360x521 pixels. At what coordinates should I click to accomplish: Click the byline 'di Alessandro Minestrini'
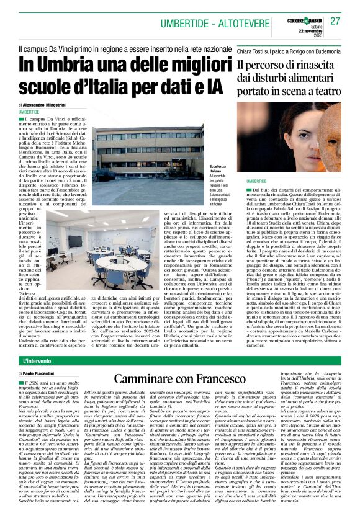coord(47,106)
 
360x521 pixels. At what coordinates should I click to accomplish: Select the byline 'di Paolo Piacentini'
coord(43,377)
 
